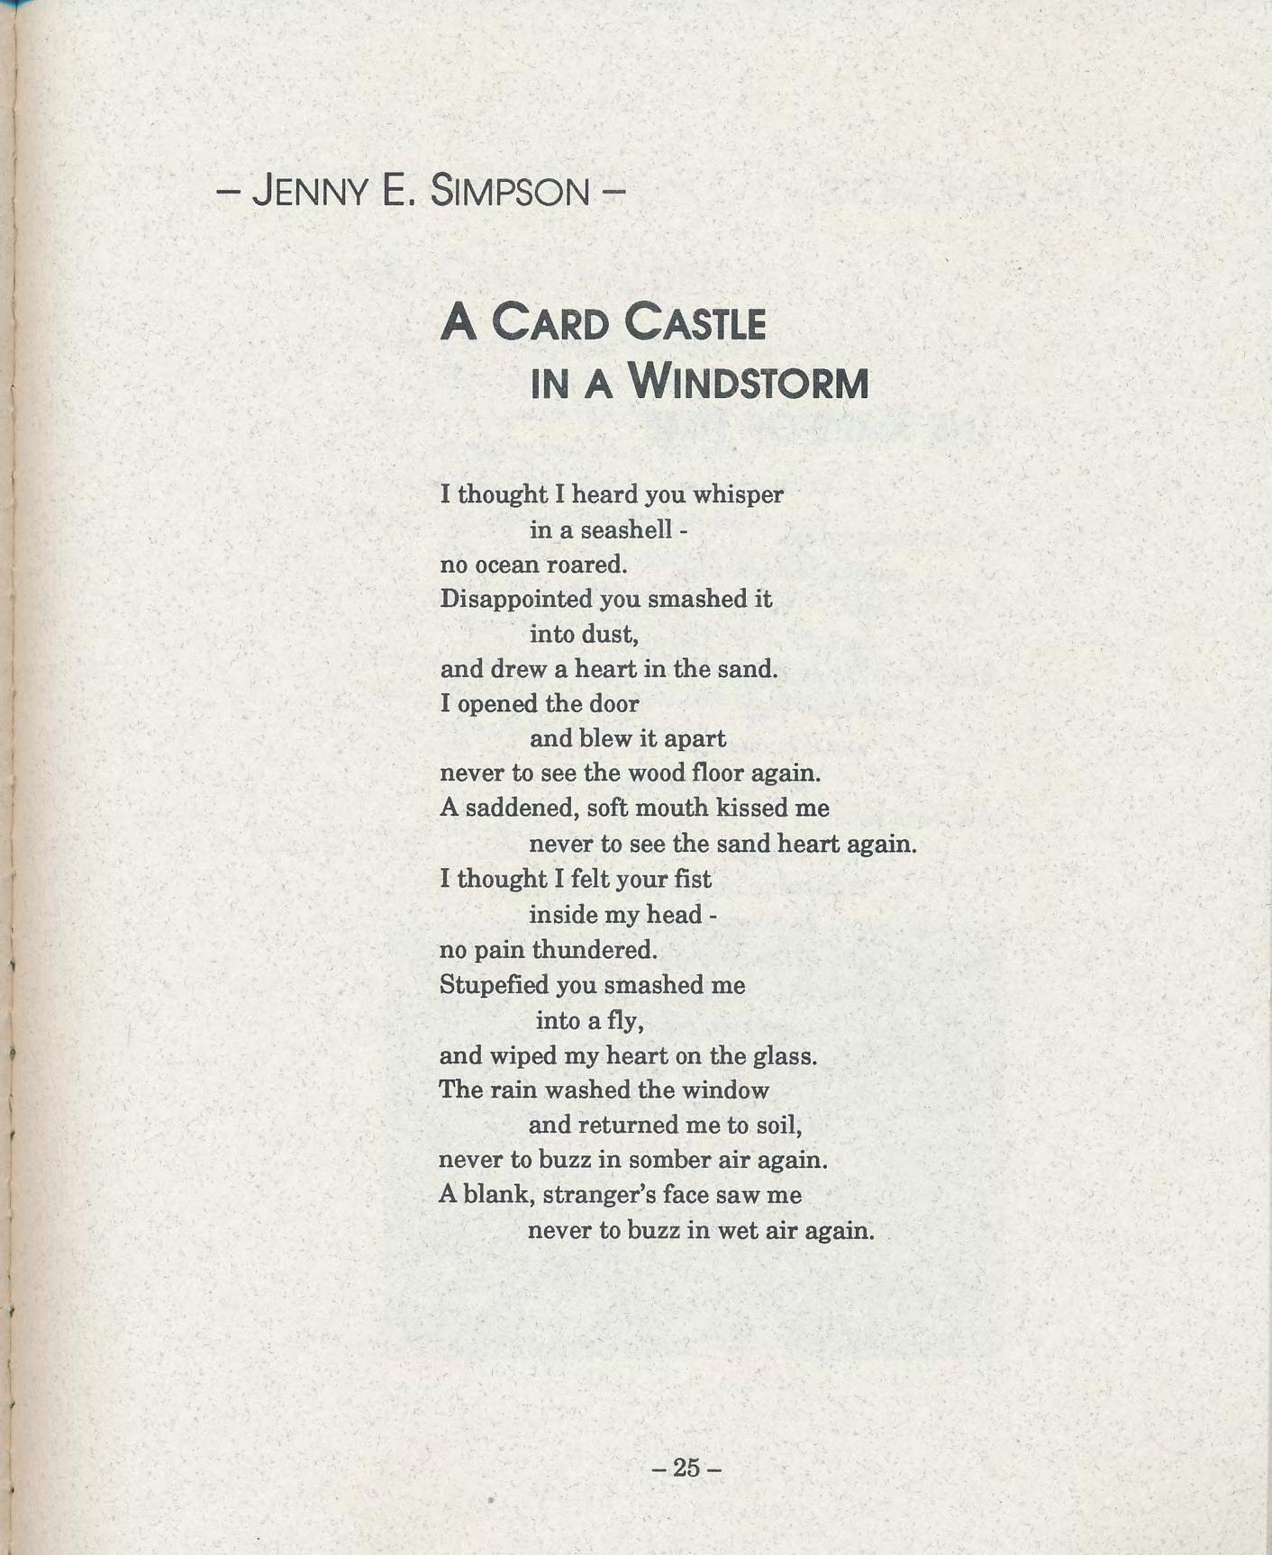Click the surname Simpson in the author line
pos(510,191)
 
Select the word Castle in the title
pos(695,324)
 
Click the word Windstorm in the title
pos(749,384)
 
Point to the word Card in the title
pos(550,324)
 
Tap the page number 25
pos(686,1469)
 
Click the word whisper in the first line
pos(738,495)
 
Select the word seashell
pos(627,529)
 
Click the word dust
pos(610,635)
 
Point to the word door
pos(613,704)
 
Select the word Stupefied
pos(494,985)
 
